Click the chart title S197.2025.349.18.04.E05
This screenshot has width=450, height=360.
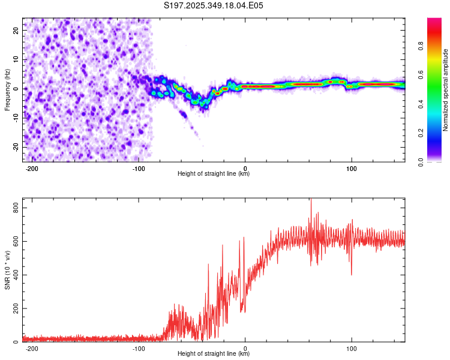click(x=214, y=5)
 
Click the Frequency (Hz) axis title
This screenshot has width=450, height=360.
click(x=7, y=89)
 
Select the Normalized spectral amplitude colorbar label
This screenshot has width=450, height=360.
click(x=446, y=91)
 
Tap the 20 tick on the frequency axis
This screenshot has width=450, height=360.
click(x=16, y=30)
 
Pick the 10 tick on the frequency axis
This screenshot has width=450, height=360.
click(x=16, y=59)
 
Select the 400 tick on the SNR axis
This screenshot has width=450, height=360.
click(x=14, y=275)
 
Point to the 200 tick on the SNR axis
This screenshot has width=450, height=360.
click(x=14, y=308)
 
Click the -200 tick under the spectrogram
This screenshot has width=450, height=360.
click(x=32, y=169)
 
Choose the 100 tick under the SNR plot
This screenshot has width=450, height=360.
click(x=352, y=349)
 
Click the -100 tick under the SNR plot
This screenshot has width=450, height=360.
click(x=139, y=349)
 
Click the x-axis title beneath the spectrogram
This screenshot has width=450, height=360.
click(x=214, y=174)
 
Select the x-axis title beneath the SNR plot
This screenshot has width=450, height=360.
click(x=214, y=354)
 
